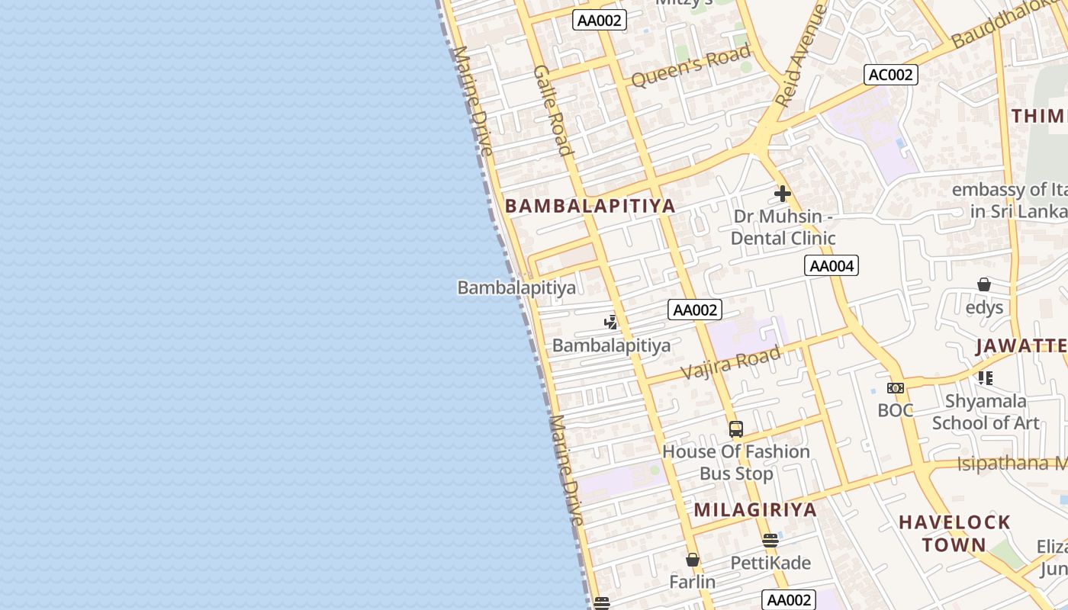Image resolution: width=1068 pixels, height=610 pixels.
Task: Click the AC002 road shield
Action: pos(891,75)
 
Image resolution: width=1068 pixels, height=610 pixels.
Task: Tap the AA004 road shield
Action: pos(832,265)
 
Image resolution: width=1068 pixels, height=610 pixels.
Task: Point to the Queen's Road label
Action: pos(691,66)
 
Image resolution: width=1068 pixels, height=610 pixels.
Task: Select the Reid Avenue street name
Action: pos(800,55)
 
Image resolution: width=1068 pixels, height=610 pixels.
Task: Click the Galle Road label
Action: pos(553,109)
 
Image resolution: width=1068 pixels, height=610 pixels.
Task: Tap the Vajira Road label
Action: pos(731,361)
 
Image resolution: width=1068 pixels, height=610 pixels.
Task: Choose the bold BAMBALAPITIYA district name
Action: pos(590,206)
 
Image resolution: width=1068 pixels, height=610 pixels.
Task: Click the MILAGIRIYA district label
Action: pos(755,510)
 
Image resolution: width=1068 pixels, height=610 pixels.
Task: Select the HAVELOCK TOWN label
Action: pos(954,534)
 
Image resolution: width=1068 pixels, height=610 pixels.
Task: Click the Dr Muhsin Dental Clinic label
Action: pos(783,227)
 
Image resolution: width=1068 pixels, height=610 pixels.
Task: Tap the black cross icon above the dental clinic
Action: pos(783,194)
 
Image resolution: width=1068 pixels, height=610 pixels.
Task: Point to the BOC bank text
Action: pos(896,410)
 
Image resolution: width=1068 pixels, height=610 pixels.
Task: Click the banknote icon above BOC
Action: pos(896,388)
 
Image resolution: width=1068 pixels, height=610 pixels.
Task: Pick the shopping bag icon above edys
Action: pos(984,284)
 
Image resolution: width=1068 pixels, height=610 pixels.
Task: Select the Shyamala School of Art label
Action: pos(986,412)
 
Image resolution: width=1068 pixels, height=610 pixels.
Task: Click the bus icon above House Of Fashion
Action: pos(735,429)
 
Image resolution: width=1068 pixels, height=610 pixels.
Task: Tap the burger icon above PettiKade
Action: pos(770,541)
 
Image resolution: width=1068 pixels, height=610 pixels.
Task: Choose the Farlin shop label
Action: pos(693,582)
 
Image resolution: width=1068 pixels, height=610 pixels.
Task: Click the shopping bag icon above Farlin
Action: pos(693,560)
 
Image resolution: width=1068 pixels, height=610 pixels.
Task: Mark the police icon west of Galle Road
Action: pos(610,323)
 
